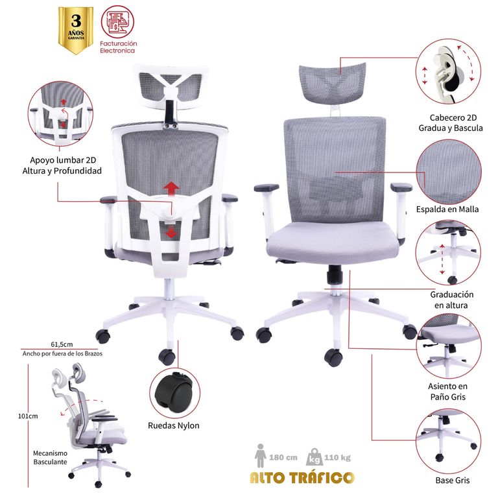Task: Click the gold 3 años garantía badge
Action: click(76, 30)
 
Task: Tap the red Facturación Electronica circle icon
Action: click(117, 22)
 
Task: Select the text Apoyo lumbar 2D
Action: click(63, 160)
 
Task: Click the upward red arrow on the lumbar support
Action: click(171, 189)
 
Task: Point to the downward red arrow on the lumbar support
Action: click(171, 232)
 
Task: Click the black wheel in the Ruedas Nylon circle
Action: click(173, 393)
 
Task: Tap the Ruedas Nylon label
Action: click(174, 425)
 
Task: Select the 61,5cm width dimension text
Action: click(62, 344)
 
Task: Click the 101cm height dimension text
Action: click(28, 416)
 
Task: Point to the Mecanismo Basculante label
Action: click(50, 458)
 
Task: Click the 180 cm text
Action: click(283, 457)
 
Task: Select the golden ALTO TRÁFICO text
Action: click(302, 477)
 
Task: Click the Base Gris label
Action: click(452, 480)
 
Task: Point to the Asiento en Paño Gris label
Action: click(448, 392)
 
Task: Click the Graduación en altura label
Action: click(451, 300)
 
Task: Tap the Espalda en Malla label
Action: click(447, 209)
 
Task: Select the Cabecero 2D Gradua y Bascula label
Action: click(451, 123)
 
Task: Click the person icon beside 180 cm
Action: click(261, 455)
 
